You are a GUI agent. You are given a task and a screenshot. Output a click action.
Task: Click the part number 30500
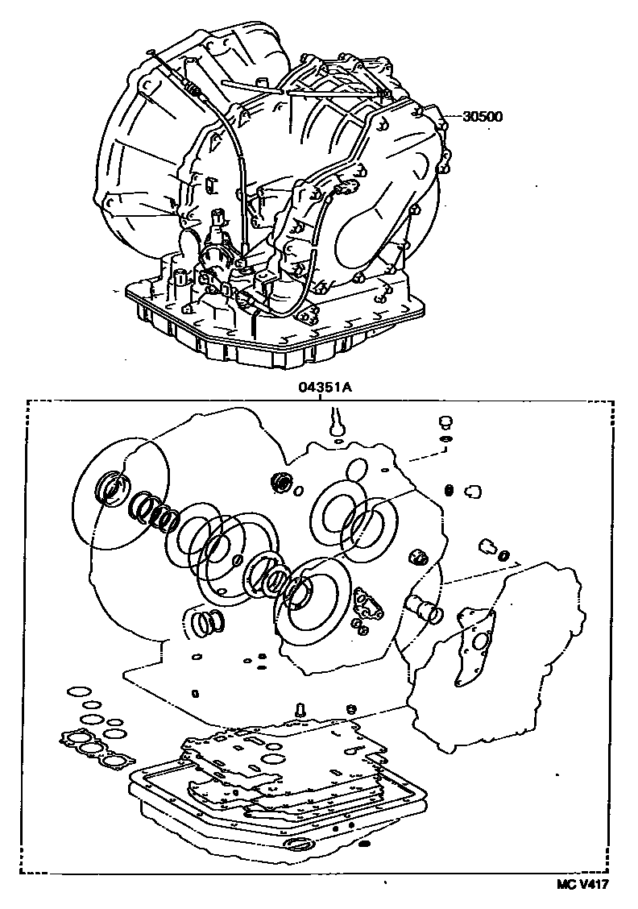click(483, 116)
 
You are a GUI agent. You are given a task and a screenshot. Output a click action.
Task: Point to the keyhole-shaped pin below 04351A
click(334, 422)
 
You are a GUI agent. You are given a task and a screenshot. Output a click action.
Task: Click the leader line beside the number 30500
click(454, 117)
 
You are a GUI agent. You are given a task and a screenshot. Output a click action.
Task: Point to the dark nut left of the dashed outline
click(418, 558)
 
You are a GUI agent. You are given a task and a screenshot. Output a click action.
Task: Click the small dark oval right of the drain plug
click(363, 843)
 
